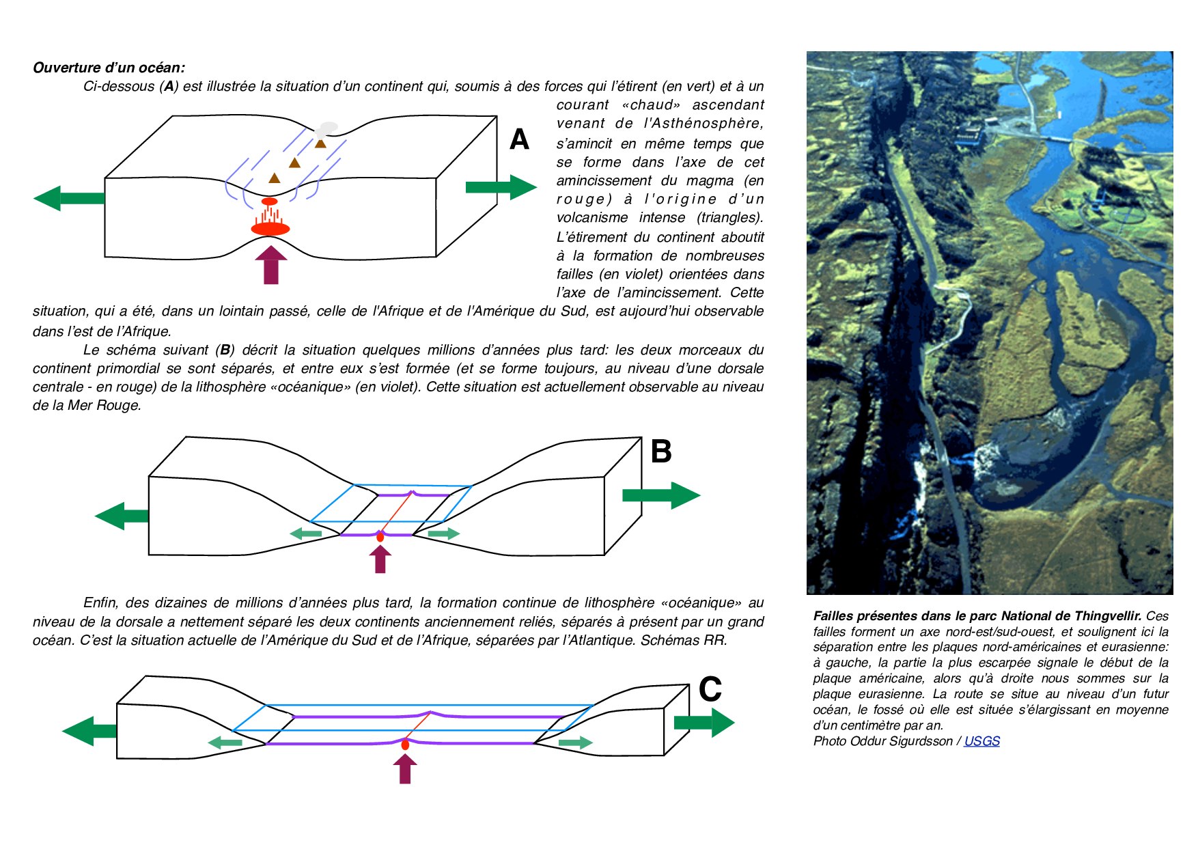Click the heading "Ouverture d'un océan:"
[109, 68]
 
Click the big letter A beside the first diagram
[519, 139]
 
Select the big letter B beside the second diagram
[660, 452]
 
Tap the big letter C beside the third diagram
[710, 689]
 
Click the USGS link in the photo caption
[981, 741]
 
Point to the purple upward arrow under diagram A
[271, 265]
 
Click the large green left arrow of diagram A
[68, 198]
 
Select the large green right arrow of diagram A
[501, 187]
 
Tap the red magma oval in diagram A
[270, 229]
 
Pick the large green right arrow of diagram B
[660, 495]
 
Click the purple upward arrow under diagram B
[380, 559]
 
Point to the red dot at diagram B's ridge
[380, 538]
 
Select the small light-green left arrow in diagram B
[305, 533]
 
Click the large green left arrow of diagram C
[89, 731]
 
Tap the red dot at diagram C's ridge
[405, 745]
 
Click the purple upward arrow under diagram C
[405, 769]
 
